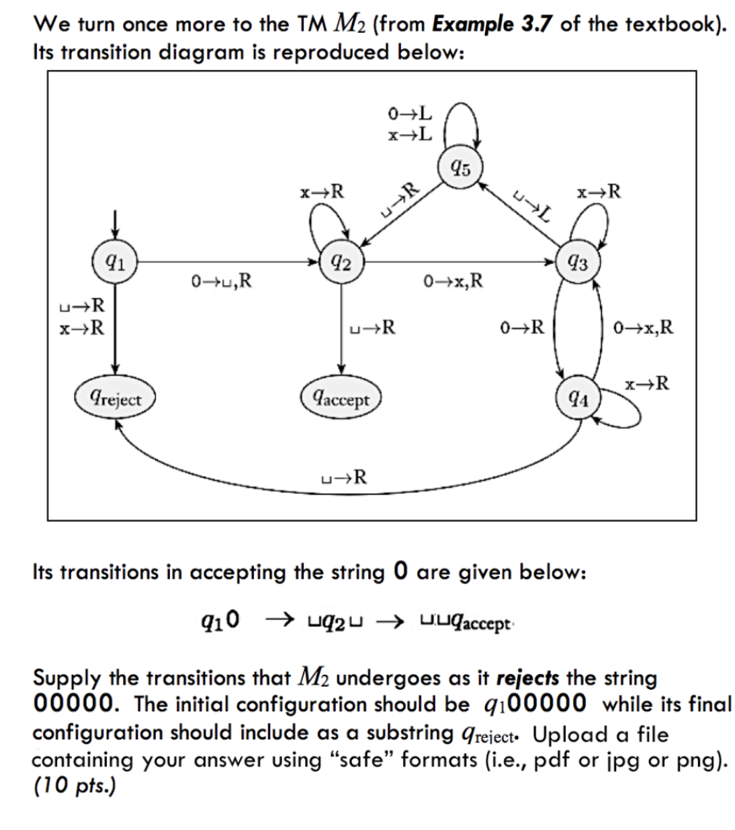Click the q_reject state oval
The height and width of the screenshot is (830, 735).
point(116,399)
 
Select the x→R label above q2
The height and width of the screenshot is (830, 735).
point(322,192)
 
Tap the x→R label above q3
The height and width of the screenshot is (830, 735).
point(599,192)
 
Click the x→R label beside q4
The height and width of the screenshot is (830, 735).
point(646,384)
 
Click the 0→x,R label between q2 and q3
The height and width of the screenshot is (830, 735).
point(453,280)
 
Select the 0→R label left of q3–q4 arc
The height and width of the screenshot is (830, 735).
point(522,328)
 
